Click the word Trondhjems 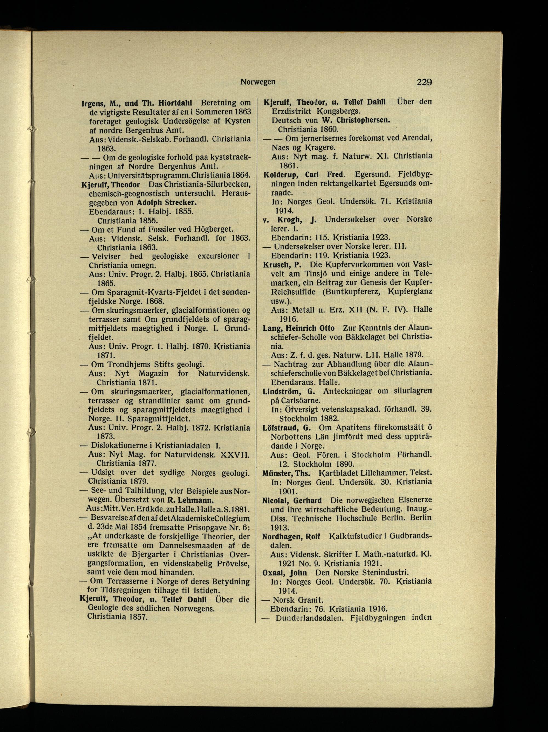pos(127,365)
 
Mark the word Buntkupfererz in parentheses pos(358,292)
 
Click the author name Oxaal pos(274,572)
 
